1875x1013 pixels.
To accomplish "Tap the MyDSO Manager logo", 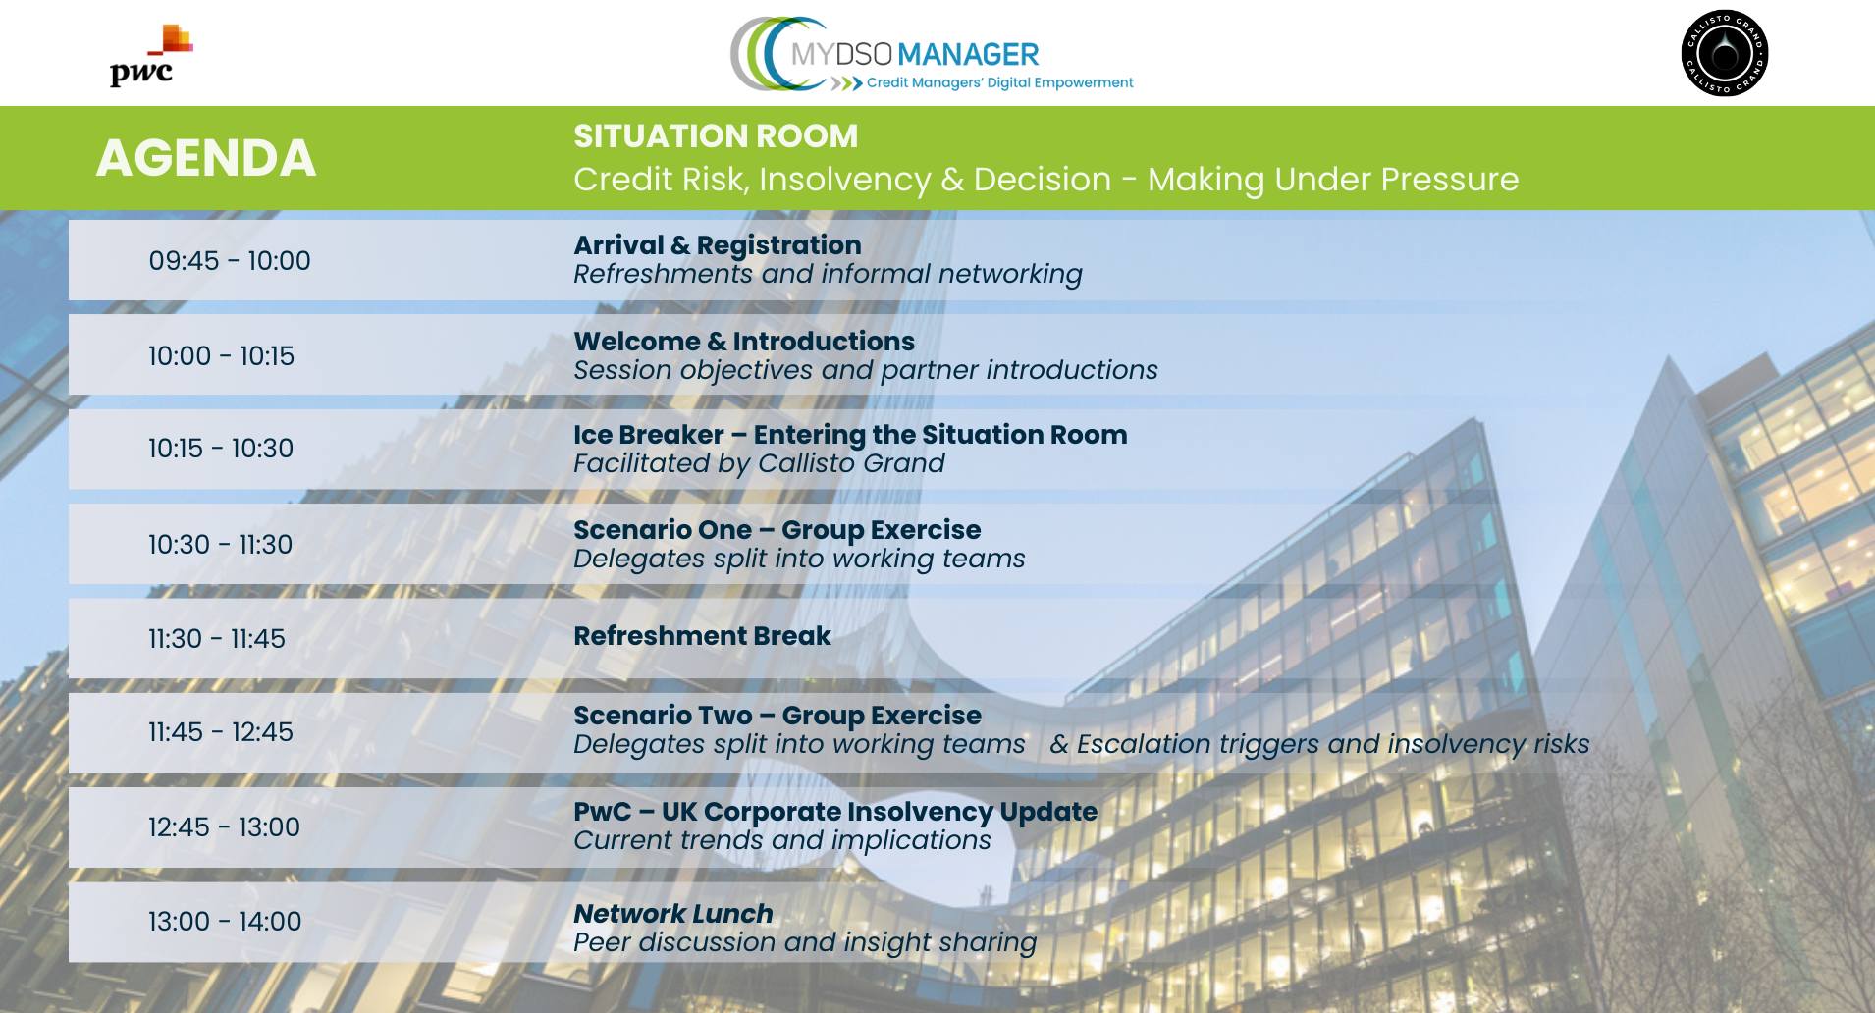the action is click(x=932, y=55).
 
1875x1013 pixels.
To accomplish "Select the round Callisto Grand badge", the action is click(x=1725, y=53).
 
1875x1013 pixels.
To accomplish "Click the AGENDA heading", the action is click(x=206, y=158).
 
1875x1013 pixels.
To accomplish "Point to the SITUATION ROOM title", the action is click(x=716, y=135).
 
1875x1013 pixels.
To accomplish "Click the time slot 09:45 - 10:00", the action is click(x=230, y=260).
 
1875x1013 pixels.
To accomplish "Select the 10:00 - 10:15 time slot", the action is click(x=221, y=355).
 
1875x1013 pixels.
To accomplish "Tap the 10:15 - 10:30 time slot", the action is click(x=221, y=448).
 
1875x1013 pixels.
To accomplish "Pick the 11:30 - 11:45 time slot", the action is click(x=217, y=638).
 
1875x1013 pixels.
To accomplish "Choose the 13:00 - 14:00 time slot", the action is click(x=225, y=921).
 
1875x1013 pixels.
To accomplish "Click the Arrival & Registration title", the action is click(x=718, y=244).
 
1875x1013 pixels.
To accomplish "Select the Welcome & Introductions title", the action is click(x=744, y=341).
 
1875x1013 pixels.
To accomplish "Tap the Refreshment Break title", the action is click(x=702, y=635).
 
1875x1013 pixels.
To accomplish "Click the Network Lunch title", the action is click(x=673, y=913).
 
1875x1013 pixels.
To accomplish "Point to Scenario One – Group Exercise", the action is click(x=777, y=529).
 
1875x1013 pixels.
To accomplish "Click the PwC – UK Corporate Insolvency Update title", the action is click(x=835, y=811).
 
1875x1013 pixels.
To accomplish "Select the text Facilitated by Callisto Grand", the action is click(x=759, y=463).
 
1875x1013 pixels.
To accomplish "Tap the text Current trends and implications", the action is click(x=782, y=840).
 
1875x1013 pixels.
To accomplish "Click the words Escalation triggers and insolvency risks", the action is click(x=1333, y=744).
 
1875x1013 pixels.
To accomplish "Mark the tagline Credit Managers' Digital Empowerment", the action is click(x=999, y=82).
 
